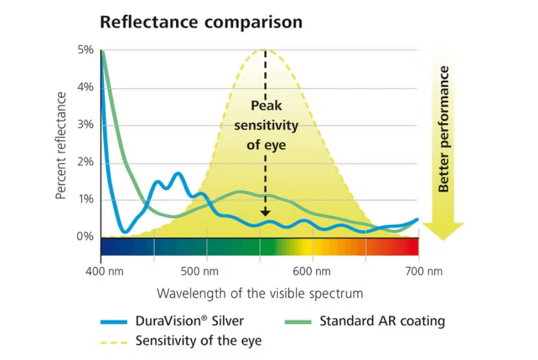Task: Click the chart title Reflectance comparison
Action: (201, 22)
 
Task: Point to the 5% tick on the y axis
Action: (85, 50)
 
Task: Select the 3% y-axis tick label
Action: (85, 125)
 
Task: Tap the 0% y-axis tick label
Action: (85, 237)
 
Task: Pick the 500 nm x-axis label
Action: (205, 271)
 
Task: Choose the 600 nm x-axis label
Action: (312, 271)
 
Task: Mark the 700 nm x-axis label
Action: (418, 271)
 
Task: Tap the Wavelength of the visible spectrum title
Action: (260, 293)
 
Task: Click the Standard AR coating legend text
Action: (382, 321)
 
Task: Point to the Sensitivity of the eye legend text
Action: (198, 341)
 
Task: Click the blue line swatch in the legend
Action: (114, 321)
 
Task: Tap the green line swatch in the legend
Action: (299, 321)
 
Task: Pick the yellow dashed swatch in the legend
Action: (114, 342)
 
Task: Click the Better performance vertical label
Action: (443, 129)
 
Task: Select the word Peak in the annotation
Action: (265, 106)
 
